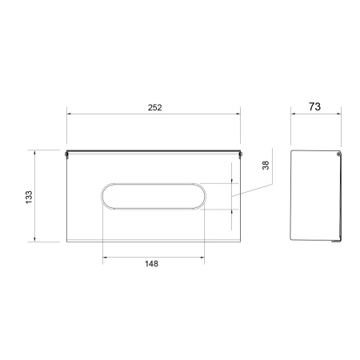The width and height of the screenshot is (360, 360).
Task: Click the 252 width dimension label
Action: point(155,107)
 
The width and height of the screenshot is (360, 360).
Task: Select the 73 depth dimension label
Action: point(314,106)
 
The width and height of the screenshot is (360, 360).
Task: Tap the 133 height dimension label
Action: point(29,198)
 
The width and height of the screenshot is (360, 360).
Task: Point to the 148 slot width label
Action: point(151,264)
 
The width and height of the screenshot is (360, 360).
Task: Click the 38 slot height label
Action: point(266,166)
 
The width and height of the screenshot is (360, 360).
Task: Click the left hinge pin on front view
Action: point(66,154)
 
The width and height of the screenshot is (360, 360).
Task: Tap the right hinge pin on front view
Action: point(241,154)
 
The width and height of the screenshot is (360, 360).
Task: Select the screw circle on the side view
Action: point(338,154)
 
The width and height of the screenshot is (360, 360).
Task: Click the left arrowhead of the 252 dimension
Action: point(69,114)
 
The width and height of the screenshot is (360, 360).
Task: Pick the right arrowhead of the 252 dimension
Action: point(238,114)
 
